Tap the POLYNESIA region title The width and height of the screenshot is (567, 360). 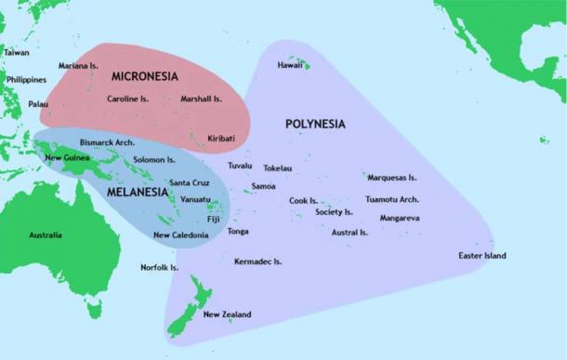pos(315,123)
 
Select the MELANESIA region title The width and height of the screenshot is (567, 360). pos(137,193)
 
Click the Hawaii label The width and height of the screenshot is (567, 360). pos(290,66)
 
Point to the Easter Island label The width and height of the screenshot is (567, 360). pos(481,256)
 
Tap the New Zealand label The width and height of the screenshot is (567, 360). pos(227,314)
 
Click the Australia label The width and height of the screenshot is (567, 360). pos(46,235)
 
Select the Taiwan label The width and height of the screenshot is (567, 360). pos(16,52)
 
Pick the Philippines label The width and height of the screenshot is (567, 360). pos(26,80)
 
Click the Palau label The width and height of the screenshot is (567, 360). pos(38,104)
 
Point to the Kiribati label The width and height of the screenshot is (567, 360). pos(220,139)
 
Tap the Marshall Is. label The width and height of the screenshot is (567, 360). pos(201,99)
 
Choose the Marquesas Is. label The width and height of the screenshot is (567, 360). pos(391,177)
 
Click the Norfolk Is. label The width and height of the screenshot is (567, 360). pos(159,268)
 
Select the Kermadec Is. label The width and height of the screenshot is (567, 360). pos(257,262)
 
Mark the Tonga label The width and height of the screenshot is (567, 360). pos(237,231)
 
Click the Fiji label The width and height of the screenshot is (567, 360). pos(214,219)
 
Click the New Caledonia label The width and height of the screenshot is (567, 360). pos(180,235)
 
